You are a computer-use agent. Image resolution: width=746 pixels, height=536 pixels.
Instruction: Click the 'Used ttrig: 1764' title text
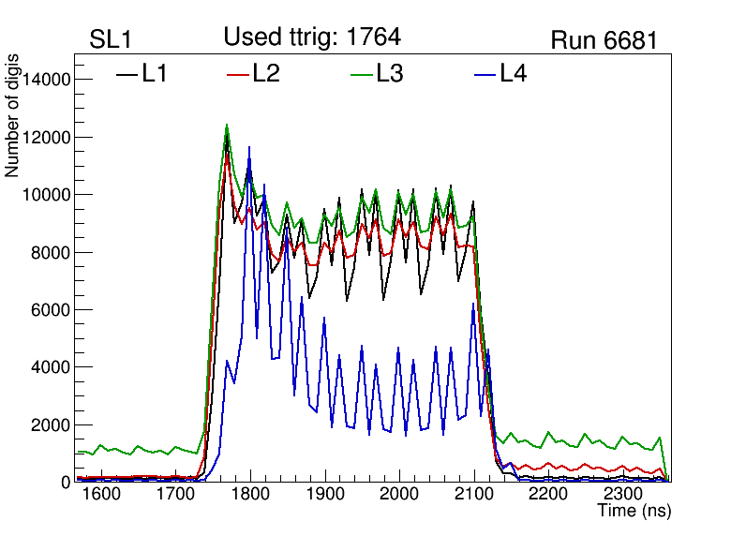[x=312, y=37]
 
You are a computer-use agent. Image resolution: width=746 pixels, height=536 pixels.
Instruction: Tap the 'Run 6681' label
[x=604, y=40]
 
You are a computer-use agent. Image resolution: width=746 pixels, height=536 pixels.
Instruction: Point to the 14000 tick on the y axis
[x=47, y=80]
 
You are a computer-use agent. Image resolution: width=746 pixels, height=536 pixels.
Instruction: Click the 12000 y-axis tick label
[x=47, y=137]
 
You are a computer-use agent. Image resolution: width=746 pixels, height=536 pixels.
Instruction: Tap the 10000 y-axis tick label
[x=47, y=195]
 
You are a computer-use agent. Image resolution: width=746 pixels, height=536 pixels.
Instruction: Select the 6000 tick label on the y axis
[x=51, y=310]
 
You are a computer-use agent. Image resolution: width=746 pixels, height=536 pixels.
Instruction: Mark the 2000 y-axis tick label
[x=51, y=425]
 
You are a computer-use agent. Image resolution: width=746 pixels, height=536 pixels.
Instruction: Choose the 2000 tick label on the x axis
[x=399, y=494]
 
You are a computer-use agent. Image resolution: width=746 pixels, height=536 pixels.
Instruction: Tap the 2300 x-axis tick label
[x=623, y=494]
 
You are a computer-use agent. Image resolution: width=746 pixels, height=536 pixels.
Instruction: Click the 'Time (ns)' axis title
[x=634, y=512]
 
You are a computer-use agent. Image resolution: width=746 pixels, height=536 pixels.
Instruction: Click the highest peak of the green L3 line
[x=227, y=125]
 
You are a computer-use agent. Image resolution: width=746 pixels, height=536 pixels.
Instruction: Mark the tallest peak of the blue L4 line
[x=249, y=147]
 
